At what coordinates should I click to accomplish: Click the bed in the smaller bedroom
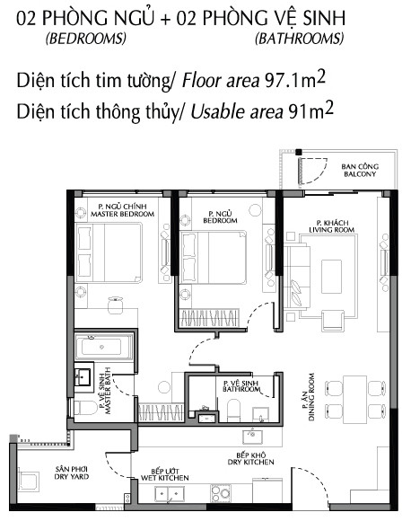pos(214,259)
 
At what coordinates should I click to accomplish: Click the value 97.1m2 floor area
pos(294,80)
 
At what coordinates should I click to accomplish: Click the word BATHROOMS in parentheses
pos(299,39)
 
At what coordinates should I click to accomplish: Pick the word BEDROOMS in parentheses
pos(85,39)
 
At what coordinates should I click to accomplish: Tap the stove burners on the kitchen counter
pos(222,492)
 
